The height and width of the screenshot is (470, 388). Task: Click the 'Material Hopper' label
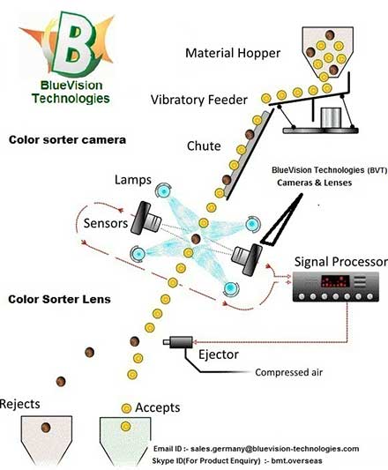(233, 53)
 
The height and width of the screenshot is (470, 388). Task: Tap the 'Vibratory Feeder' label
(199, 100)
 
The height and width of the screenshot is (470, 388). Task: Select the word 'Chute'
(204, 146)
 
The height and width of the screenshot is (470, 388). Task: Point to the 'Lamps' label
(133, 180)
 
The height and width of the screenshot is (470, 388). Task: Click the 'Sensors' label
(106, 223)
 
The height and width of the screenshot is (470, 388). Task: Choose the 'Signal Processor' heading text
(341, 262)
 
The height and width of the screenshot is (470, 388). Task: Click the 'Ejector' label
(219, 354)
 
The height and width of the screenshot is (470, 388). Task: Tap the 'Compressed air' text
(288, 372)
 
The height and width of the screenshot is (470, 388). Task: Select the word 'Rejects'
(19, 404)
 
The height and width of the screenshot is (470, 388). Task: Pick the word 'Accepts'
(158, 407)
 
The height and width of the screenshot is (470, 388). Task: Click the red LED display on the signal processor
(335, 281)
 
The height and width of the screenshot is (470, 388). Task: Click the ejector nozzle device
(178, 342)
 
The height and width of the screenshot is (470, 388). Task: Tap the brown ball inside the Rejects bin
(46, 427)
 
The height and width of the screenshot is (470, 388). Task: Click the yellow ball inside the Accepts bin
(125, 426)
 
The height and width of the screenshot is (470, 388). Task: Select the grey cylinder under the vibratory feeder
(331, 118)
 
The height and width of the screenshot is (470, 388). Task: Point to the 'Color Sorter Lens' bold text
(59, 299)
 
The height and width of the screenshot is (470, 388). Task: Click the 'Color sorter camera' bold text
(67, 140)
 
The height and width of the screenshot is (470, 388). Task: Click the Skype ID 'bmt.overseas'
(302, 460)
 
